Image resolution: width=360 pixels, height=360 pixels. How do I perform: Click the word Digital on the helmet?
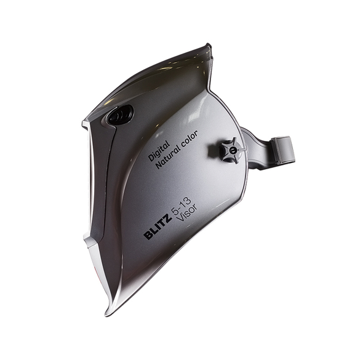pos(159,151)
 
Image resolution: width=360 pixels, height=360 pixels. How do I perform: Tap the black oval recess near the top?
pos(120,115)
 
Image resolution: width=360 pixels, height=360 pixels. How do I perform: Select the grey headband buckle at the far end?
pos(283,150)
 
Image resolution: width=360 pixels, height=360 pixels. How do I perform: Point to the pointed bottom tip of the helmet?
pos(106,315)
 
